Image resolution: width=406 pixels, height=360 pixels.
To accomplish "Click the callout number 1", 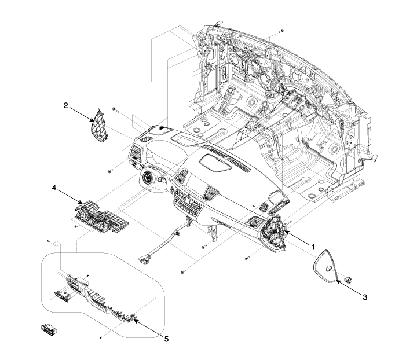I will [313, 247].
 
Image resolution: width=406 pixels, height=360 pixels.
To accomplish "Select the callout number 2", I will [66, 105].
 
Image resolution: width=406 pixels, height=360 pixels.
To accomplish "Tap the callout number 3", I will [364, 296].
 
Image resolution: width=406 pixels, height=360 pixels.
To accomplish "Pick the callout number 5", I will [166, 339].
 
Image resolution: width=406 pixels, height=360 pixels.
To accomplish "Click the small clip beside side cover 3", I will [348, 279].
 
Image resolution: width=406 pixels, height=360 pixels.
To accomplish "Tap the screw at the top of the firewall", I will [281, 29].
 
